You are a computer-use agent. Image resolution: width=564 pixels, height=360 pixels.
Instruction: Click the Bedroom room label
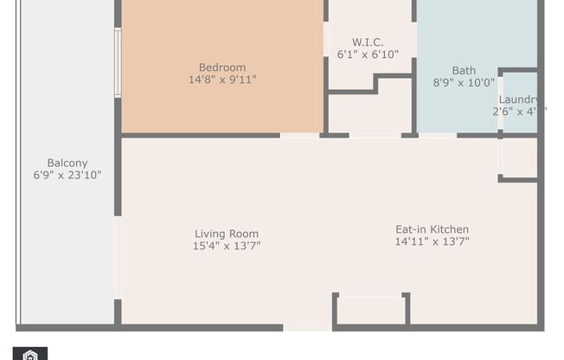tap(222, 67)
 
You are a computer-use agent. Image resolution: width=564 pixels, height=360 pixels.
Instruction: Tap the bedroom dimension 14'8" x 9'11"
tap(222, 80)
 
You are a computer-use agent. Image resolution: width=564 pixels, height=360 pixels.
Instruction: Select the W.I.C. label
tap(368, 42)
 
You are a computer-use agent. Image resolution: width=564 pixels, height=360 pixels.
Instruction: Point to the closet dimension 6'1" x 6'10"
tap(368, 55)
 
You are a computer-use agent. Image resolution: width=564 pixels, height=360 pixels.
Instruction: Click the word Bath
tap(464, 71)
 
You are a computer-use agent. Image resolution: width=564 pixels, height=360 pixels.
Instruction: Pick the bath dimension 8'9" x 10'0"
tap(464, 83)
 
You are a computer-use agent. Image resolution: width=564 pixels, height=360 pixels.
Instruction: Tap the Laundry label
tap(519, 100)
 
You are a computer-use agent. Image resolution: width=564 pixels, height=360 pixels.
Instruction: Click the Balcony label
tap(67, 163)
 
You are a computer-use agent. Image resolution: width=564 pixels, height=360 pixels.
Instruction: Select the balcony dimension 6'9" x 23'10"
tap(67, 175)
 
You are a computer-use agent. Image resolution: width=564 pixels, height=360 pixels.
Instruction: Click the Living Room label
tap(227, 234)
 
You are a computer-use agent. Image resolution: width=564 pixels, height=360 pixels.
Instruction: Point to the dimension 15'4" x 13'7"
tap(227, 246)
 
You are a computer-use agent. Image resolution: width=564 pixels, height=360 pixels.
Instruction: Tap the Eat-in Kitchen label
tap(433, 229)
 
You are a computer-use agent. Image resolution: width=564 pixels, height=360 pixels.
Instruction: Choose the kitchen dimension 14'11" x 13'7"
tap(433, 241)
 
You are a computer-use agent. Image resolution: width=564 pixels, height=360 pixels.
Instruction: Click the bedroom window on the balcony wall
tap(118, 62)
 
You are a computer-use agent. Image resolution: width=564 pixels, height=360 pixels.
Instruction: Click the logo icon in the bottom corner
tap(31, 354)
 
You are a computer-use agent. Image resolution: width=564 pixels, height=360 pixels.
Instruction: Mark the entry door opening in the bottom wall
tap(307, 327)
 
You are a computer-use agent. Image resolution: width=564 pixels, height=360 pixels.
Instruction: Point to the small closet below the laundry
tap(519, 157)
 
